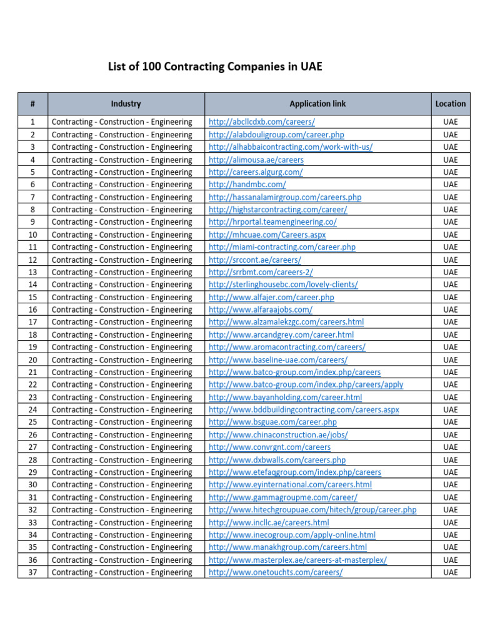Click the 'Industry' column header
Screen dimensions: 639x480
[126, 104]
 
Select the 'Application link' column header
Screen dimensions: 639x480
[317, 104]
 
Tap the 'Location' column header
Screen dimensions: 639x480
[450, 104]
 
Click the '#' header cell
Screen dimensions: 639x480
[32, 104]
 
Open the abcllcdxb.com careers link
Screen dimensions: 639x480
[261, 122]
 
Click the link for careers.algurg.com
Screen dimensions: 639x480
[256, 172]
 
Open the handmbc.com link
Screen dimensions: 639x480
[247, 184]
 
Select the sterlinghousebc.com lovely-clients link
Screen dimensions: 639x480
[283, 285]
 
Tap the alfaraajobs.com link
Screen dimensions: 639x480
[260, 310]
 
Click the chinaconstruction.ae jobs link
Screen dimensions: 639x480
[278, 435]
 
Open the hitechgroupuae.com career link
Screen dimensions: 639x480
[312, 510]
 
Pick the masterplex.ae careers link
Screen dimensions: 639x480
[297, 560]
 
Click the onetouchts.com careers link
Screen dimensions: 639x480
[275, 572]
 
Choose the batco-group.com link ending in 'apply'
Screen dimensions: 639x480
[306, 384]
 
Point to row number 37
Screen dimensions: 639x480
[32, 572]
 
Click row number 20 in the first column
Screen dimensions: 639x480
[32, 359]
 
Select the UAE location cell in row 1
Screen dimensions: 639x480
[450, 122]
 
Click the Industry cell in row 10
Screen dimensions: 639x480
[122, 235]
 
